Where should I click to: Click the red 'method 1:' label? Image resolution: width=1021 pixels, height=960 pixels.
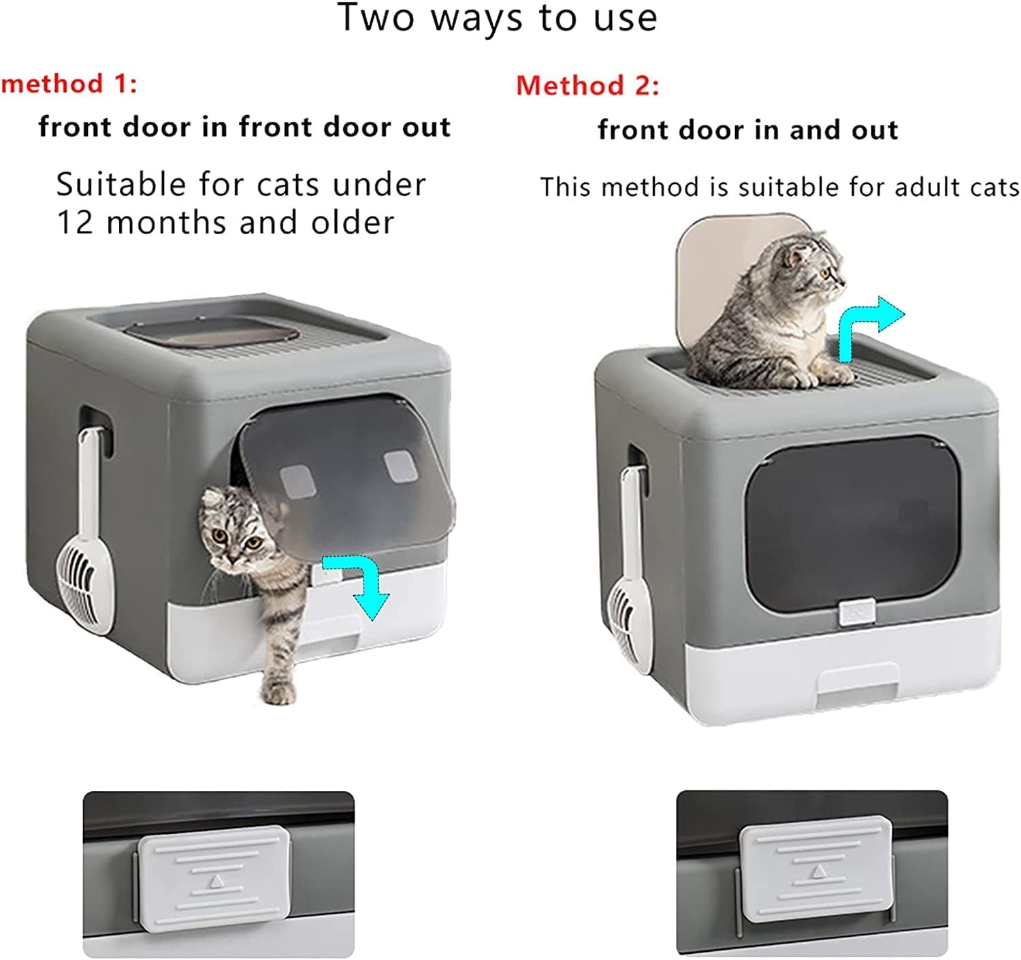pyautogui.click(x=69, y=84)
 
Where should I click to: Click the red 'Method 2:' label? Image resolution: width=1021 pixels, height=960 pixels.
pyautogui.click(x=587, y=86)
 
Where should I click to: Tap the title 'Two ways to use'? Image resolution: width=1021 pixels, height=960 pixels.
pyautogui.click(x=498, y=18)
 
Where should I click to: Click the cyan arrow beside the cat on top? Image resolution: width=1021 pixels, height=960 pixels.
pyautogui.click(x=868, y=326)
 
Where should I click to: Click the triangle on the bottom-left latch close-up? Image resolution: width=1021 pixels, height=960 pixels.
pyautogui.click(x=216, y=881)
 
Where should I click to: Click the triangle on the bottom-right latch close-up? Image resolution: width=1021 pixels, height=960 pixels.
pyautogui.click(x=819, y=871)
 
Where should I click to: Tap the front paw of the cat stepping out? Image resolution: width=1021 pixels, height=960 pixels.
pyautogui.click(x=279, y=691)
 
